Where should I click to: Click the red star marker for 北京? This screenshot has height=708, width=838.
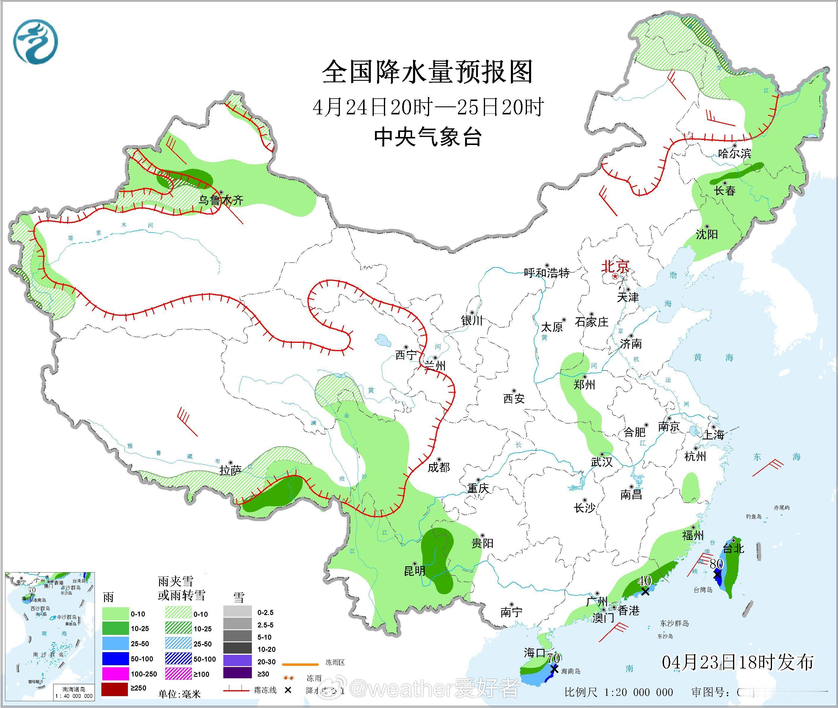pyautogui.click(x=615, y=277)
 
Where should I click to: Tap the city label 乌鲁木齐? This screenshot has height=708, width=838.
pyautogui.click(x=221, y=200)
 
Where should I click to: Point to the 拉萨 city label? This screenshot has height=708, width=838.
pyautogui.click(x=230, y=470)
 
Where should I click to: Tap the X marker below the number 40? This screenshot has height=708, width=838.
pyautogui.click(x=645, y=591)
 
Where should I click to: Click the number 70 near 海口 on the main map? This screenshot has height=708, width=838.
pyautogui.click(x=554, y=658)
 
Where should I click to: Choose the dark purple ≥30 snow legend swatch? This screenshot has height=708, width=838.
pyautogui.click(x=237, y=674)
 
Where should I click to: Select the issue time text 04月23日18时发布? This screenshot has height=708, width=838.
pyautogui.click(x=737, y=662)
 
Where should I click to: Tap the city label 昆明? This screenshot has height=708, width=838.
pyautogui.click(x=415, y=570)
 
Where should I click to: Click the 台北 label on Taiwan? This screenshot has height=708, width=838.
pyautogui.click(x=734, y=548)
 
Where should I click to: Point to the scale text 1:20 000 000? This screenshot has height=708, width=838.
pyautogui.click(x=639, y=692)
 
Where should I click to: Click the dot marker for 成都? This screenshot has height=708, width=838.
pyautogui.click(x=439, y=458)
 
